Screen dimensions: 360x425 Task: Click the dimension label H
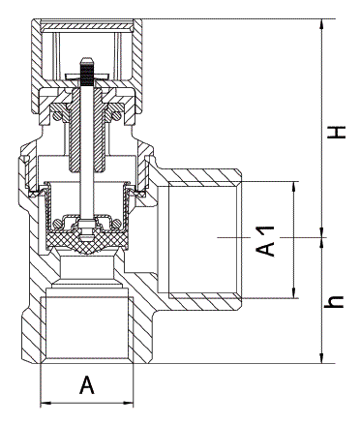(x=337, y=133)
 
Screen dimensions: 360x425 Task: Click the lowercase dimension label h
(x=334, y=301)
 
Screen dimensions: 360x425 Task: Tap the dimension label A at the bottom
(x=87, y=384)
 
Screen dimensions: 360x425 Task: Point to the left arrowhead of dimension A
(x=46, y=403)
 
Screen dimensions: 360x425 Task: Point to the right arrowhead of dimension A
(x=128, y=403)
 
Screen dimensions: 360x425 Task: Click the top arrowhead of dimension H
(x=321, y=25)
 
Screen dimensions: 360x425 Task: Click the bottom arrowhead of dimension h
(x=321, y=357)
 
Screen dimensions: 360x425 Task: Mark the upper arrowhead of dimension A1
(x=293, y=187)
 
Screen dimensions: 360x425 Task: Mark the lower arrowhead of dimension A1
(x=293, y=291)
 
